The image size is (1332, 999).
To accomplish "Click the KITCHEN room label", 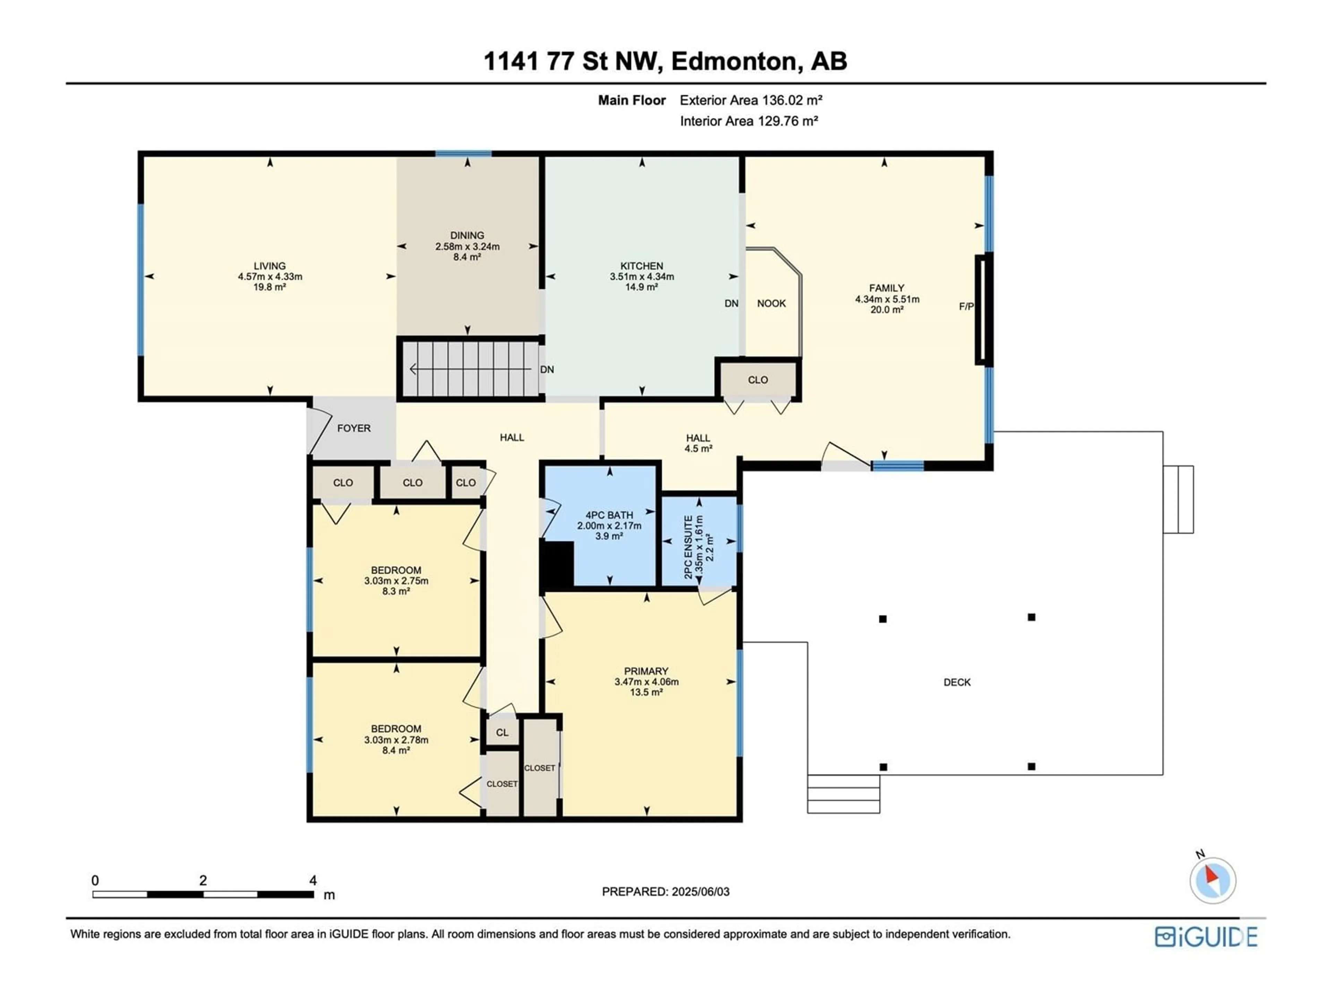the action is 642,266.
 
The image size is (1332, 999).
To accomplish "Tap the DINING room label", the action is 467,236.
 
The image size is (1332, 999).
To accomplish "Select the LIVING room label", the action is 270,266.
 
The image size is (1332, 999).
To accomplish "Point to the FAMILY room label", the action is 886,288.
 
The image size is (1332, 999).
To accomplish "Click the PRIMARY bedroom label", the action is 646,671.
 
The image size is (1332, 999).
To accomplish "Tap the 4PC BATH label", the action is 609,515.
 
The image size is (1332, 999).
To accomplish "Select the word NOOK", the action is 771,304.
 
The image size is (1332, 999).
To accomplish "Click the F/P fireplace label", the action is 966,307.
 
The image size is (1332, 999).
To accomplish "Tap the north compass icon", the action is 1213,880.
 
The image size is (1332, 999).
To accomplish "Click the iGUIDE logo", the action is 1206,937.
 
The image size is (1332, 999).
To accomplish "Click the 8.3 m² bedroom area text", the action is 396,591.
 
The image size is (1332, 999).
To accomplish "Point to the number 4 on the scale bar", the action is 313,880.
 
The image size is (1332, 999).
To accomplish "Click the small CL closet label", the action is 502,733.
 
